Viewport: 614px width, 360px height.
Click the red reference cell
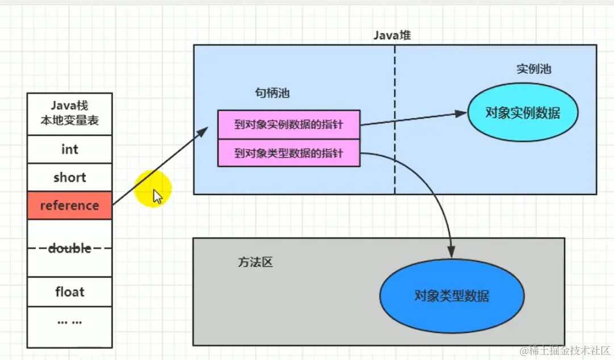click(69, 206)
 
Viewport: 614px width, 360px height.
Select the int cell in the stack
click(69, 150)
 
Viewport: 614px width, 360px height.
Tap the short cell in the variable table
click(69, 178)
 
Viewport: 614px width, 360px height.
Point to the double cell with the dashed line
click(69, 249)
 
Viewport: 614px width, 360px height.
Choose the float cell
click(69, 292)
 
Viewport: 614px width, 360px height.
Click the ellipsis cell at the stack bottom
click(69, 321)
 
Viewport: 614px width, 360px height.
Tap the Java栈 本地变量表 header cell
click(69, 114)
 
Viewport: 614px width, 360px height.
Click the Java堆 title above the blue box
click(392, 35)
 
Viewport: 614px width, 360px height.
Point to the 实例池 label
click(533, 69)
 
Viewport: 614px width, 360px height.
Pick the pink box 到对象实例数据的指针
click(289, 124)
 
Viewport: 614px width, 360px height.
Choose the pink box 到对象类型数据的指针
click(289, 153)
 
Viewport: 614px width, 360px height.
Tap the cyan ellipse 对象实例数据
click(523, 113)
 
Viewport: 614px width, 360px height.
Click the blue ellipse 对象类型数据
click(452, 296)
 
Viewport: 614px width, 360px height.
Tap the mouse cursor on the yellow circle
click(157, 196)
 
